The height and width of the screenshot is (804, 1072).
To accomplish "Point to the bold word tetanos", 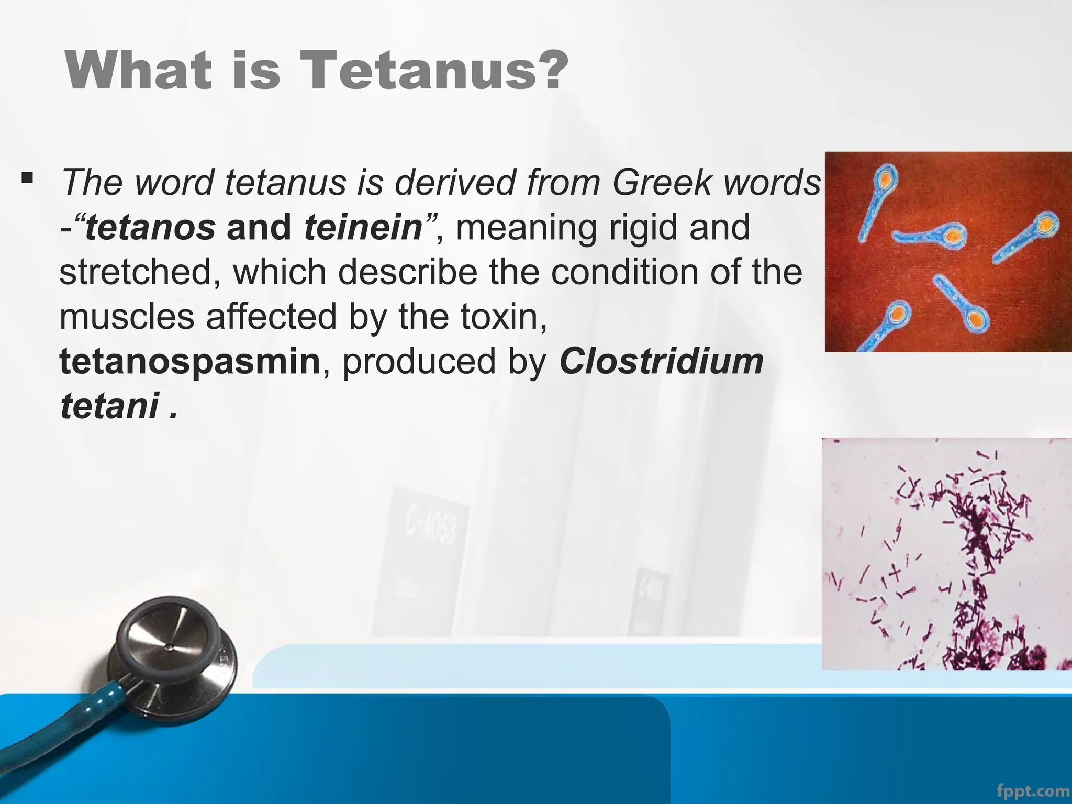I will pyautogui.click(x=150, y=228).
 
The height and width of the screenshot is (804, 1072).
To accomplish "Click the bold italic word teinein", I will pyautogui.click(x=363, y=228).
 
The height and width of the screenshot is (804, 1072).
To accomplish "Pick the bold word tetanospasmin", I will pyautogui.click(x=189, y=362).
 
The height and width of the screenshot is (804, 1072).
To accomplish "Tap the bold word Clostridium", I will pyautogui.click(x=661, y=362).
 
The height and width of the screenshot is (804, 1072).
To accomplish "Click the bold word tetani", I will pyautogui.click(x=109, y=406).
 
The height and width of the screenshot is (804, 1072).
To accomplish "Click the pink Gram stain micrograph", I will pyautogui.click(x=946, y=554).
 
